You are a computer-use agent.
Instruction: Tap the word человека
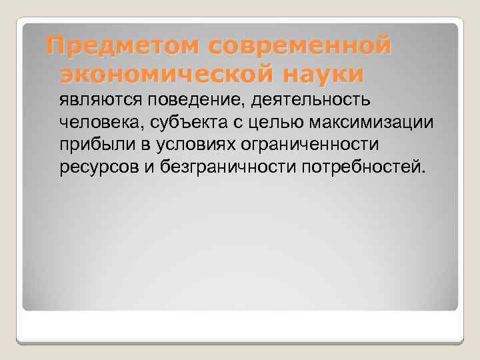pyautogui.click(x=93, y=122)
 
